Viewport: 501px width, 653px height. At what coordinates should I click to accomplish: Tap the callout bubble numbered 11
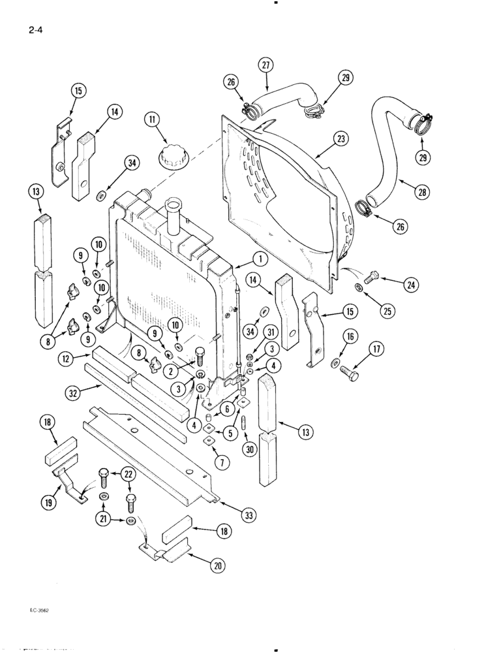(152, 120)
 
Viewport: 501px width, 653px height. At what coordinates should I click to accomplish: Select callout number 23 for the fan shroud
(341, 138)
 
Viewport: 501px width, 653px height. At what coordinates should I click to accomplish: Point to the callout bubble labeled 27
(266, 65)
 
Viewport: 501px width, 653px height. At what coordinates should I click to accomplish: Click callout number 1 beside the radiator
(260, 259)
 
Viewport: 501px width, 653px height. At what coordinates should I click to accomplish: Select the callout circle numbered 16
(350, 336)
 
